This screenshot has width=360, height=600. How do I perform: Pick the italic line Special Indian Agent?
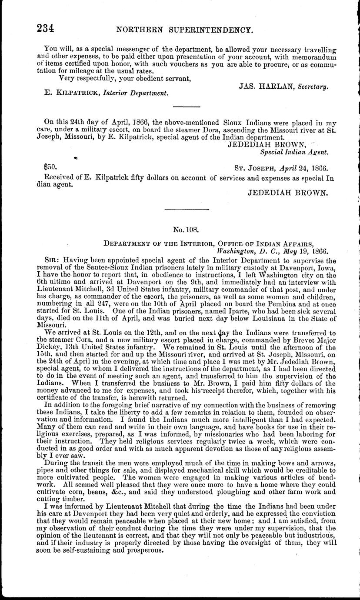tap(294, 152)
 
